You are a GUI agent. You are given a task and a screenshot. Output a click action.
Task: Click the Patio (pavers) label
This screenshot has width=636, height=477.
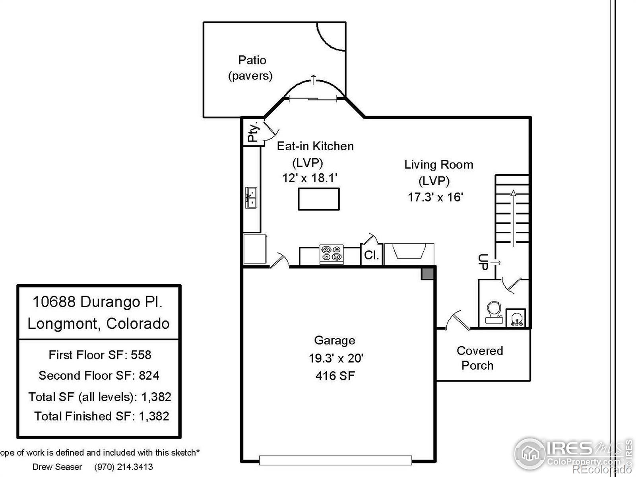[251, 68]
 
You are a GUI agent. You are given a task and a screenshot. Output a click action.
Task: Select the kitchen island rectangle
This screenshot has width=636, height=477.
[319, 199]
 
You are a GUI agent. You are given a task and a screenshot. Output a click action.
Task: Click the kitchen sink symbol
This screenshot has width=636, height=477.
[251, 198]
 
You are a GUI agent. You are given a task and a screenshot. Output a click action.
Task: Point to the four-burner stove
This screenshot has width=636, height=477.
[332, 254]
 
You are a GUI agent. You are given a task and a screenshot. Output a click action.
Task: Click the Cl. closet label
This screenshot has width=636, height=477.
[371, 255]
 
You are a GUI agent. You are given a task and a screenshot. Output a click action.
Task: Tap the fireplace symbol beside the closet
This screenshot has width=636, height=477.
[409, 252]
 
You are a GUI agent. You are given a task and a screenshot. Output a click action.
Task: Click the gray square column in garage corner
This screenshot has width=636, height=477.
[427, 274]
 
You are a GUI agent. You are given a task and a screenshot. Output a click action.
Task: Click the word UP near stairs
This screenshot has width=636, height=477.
[483, 262]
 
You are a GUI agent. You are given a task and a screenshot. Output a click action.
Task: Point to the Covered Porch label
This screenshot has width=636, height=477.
[479, 358]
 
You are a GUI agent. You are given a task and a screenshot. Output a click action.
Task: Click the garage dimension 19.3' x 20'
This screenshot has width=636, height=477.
[336, 358]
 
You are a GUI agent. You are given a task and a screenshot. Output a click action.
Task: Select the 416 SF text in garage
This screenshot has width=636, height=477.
[335, 376]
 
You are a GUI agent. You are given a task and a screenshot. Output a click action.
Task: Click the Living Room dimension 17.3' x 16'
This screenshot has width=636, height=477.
[436, 197]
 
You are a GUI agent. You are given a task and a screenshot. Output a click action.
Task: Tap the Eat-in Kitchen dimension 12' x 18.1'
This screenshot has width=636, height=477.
[310, 178]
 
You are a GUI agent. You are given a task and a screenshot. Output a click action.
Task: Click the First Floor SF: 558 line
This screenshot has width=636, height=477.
[100, 355]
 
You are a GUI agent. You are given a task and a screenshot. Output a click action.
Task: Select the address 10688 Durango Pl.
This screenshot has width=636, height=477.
[97, 302]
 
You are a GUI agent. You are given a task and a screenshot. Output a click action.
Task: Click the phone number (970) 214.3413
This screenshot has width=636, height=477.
[123, 467]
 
